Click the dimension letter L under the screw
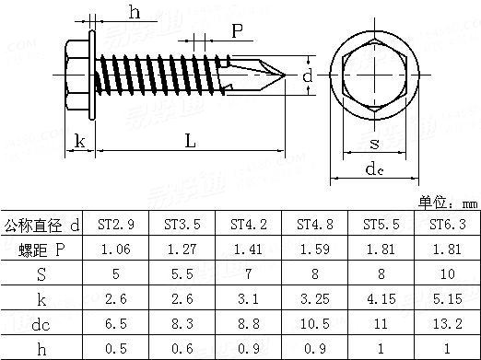click(191, 141)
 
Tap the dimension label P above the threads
click(237, 30)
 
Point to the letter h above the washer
click(135, 13)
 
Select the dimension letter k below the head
click(79, 141)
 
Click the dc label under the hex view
click(374, 169)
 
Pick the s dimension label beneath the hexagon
click(374, 144)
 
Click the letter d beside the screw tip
click(308, 75)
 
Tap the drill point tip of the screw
click(286, 75)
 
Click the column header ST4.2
click(249, 225)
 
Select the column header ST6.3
click(448, 225)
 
